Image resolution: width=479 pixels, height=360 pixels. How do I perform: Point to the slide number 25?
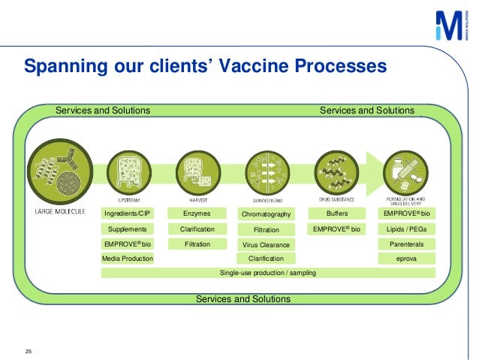click(29, 351)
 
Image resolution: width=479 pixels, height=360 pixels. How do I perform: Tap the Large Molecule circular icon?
click(59, 171)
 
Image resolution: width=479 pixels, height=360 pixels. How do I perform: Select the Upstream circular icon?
click(127, 172)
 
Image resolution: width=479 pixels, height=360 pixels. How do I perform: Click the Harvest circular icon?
click(197, 172)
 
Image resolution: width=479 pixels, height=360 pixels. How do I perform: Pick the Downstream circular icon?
click(266, 173)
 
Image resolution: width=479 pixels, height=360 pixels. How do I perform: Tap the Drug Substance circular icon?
click(336, 172)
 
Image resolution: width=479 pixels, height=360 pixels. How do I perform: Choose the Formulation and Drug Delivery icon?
click(406, 172)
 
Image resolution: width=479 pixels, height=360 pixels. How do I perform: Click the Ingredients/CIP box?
click(127, 214)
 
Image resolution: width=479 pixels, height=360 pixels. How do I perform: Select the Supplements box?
click(127, 229)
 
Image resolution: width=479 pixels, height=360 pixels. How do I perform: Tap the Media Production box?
click(127, 259)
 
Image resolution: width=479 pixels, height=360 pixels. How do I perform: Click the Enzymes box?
click(197, 214)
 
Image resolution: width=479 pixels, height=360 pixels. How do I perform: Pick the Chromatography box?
click(266, 215)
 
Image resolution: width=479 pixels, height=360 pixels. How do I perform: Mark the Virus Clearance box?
click(266, 245)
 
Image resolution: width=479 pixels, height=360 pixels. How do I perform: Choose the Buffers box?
click(336, 214)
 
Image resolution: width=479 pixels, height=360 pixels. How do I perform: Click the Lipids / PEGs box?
click(406, 229)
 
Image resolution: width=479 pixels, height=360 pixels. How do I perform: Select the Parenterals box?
click(406, 244)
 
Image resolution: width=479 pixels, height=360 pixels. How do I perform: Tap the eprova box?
click(406, 259)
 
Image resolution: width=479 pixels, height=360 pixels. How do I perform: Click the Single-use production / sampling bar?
click(267, 272)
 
